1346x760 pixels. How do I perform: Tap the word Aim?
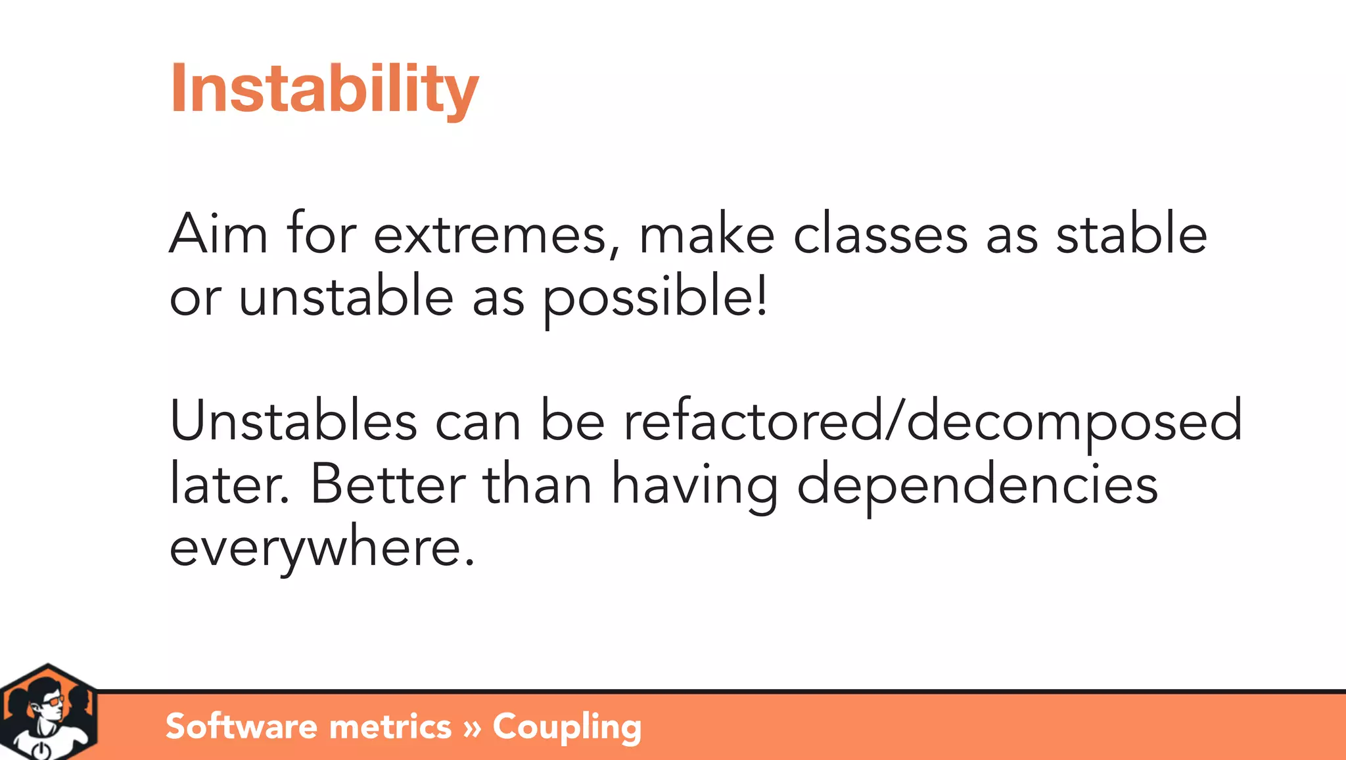point(218,234)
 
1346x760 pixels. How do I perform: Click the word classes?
point(880,234)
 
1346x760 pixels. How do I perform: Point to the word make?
point(707,234)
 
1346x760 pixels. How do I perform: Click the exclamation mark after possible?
point(762,296)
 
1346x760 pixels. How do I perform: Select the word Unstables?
point(293,420)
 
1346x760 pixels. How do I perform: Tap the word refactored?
point(753,420)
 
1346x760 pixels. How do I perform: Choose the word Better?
point(388,484)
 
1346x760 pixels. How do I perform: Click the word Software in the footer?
point(241,726)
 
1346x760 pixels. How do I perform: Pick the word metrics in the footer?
point(390,727)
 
